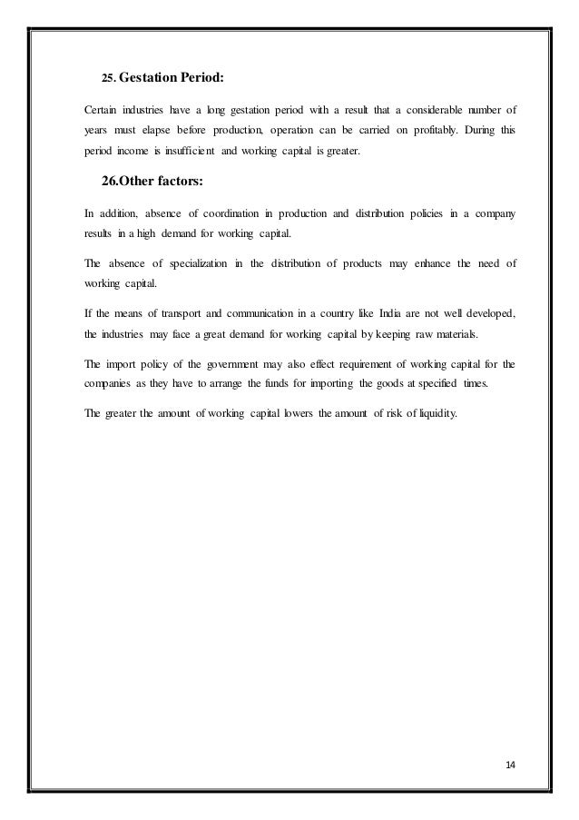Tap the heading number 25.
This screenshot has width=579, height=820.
108,80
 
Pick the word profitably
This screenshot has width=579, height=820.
433,130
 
